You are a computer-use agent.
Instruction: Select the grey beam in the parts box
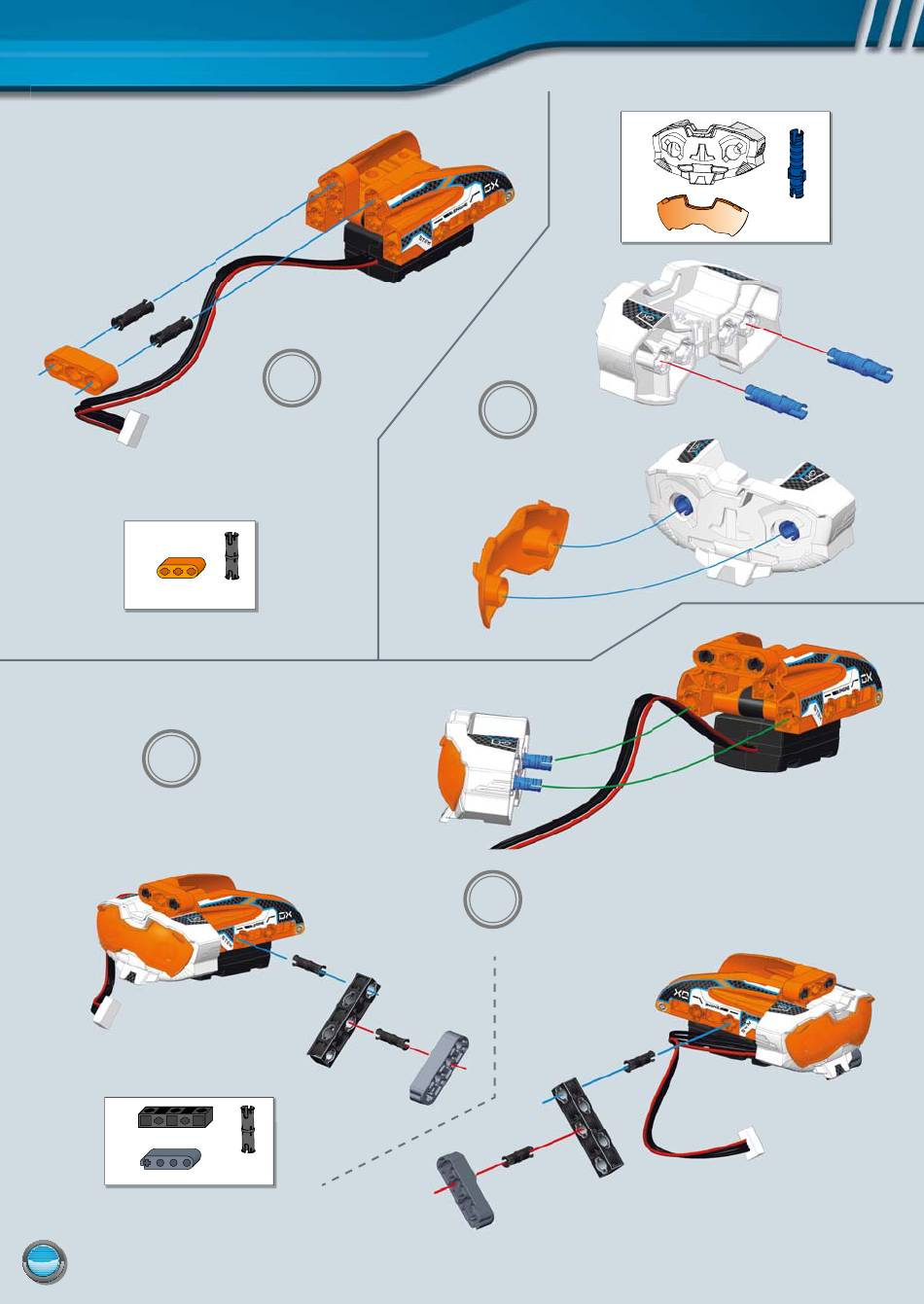click(172, 1158)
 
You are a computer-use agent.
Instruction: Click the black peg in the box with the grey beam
click(246, 1129)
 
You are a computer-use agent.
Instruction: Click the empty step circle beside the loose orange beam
click(291, 379)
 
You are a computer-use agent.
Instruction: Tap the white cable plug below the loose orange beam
click(130, 429)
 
